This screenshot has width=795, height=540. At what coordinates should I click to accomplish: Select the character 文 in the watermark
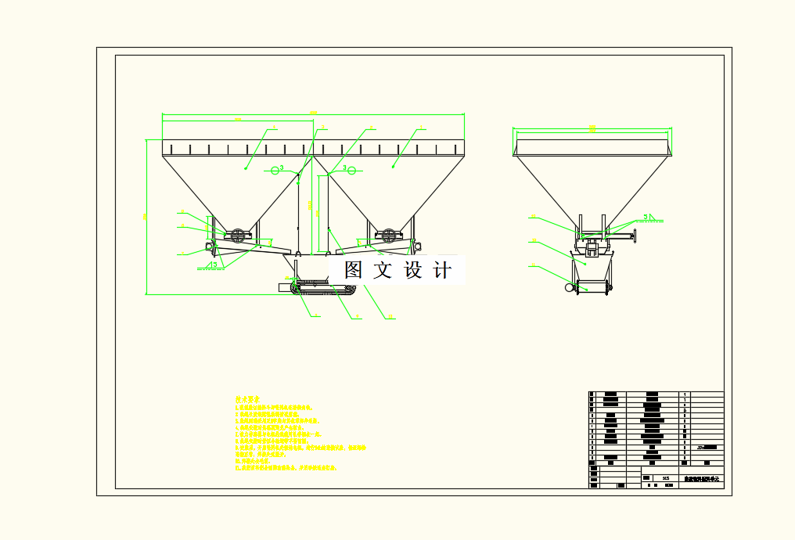pyautogui.click(x=383, y=271)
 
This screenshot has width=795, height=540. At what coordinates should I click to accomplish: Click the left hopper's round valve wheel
pyautogui.click(x=236, y=233)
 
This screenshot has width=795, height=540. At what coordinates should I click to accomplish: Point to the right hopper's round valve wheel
pyautogui.click(x=388, y=233)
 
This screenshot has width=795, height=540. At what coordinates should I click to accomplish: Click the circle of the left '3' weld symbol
pyautogui.click(x=275, y=170)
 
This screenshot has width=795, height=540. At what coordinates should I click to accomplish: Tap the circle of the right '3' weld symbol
pyautogui.click(x=352, y=170)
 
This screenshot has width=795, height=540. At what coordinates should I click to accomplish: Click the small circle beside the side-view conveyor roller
pyautogui.click(x=569, y=288)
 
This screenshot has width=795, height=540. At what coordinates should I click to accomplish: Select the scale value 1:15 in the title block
pyautogui.click(x=664, y=477)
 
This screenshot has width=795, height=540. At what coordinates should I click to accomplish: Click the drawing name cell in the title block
pyautogui.click(x=702, y=477)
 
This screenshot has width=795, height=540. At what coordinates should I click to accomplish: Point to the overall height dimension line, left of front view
pyautogui.click(x=147, y=217)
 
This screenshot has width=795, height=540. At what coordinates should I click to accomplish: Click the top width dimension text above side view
pyautogui.click(x=592, y=128)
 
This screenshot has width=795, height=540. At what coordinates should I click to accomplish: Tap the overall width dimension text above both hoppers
pyautogui.click(x=313, y=113)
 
